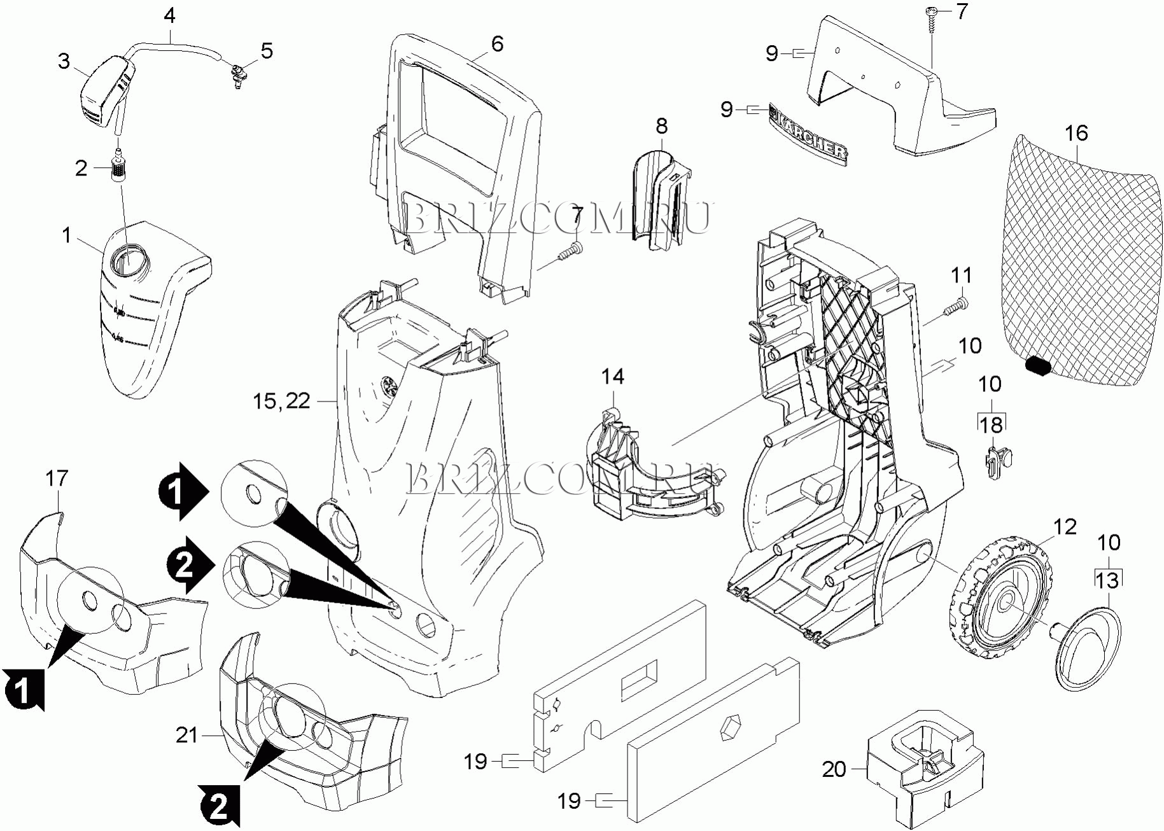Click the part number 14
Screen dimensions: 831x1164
[613, 377]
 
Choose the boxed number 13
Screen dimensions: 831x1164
[1107, 580]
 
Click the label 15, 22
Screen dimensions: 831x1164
[281, 401]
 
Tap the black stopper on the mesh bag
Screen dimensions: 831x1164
[1039, 367]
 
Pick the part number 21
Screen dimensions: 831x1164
[187, 735]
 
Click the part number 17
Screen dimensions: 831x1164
[57, 478]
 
